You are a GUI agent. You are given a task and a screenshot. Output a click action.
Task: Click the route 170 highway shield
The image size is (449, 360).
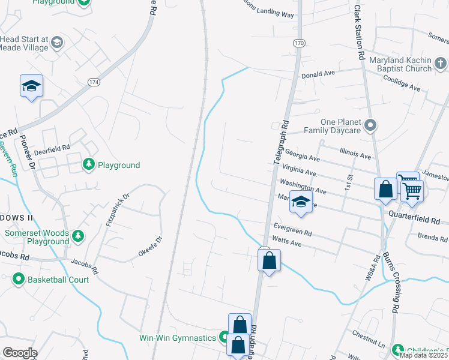click(x=298, y=43)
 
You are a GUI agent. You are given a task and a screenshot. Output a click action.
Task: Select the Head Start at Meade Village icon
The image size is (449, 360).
click(x=56, y=42)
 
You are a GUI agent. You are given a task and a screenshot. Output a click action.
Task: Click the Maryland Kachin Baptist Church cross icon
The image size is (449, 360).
click(x=441, y=62)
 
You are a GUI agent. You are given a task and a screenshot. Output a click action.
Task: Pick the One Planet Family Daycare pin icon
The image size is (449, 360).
click(x=370, y=125)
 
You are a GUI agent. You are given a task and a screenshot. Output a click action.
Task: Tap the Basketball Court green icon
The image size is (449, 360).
click(x=18, y=279)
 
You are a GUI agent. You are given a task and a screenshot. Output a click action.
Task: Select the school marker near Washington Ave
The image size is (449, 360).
click(x=301, y=202)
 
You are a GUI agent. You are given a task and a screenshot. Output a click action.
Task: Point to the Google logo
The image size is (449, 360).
click(x=20, y=352)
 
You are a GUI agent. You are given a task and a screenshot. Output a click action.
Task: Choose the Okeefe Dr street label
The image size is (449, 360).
click(x=150, y=247)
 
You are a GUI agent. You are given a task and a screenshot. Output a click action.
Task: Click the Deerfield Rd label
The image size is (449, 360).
click(x=53, y=146)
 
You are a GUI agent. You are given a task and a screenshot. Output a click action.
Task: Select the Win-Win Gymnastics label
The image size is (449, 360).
click(x=177, y=338)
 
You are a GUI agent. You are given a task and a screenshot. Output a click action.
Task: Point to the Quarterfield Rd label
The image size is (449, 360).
click(x=414, y=213)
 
